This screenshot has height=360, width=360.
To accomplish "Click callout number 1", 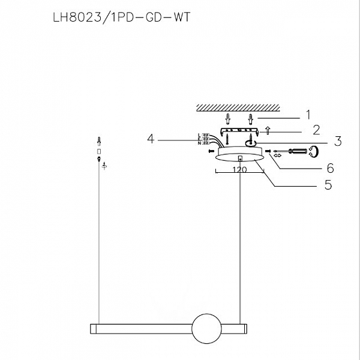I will tap(308, 113).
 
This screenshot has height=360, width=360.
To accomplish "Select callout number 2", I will tap(316, 130).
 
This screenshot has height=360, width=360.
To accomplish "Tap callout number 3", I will tap(337, 142).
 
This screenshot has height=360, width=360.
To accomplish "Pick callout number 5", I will tap(328, 185).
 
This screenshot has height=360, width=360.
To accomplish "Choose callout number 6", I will tap(329, 168).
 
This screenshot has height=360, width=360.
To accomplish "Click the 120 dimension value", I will tap(239, 170).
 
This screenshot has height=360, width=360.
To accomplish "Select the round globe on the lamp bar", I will tap(205, 328).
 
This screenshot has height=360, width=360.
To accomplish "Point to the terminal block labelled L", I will tap(205, 134).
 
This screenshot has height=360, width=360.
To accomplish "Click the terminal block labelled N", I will tap(205, 143).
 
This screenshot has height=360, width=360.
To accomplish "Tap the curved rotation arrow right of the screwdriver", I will tap(313, 152).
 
